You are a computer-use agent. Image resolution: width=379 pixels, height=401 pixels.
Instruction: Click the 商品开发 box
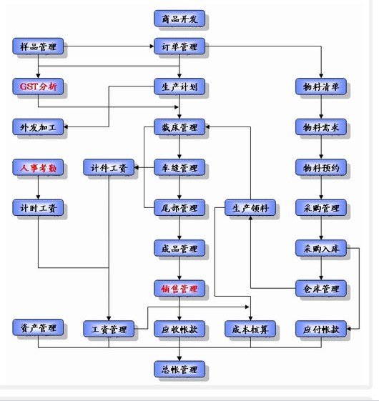pyautogui.click(x=179, y=19)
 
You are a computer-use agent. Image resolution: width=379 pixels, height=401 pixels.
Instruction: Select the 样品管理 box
pyautogui.click(x=38, y=46)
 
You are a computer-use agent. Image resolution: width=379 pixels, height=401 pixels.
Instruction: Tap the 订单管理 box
pyautogui.click(x=179, y=46)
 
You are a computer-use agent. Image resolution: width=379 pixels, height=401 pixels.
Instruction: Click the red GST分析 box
pyautogui.click(x=38, y=86)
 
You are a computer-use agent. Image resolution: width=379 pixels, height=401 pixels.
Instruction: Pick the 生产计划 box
pyautogui.click(x=179, y=86)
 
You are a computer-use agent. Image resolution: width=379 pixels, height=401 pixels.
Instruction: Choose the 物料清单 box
pyautogui.click(x=321, y=86)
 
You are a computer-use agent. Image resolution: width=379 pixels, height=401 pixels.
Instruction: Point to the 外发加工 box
pyautogui.click(x=38, y=127)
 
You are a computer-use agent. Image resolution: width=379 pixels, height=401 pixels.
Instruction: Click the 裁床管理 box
pyautogui.click(x=179, y=127)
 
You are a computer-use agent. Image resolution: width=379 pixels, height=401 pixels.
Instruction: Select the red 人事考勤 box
pyautogui.click(x=38, y=167)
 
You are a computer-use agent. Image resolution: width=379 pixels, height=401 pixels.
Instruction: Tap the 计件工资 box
pyautogui.click(x=109, y=167)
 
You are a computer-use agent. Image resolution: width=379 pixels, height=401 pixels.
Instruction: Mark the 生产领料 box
pyautogui.click(x=250, y=208)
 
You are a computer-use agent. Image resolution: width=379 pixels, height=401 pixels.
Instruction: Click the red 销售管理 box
pyautogui.click(x=179, y=289)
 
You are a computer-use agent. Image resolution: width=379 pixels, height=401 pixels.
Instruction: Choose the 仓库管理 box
pyautogui.click(x=321, y=289)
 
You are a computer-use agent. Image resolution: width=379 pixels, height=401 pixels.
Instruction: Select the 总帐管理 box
pyautogui.click(x=179, y=369)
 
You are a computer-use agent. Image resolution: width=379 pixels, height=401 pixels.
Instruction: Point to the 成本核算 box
pyautogui.click(x=250, y=329)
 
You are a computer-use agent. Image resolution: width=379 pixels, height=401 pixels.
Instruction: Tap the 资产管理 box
pyautogui.click(x=38, y=327)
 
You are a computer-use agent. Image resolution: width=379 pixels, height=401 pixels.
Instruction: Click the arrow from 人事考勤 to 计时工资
pyautogui.click(x=38, y=187)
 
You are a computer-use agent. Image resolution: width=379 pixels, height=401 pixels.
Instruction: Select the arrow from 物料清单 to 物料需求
pyautogui.click(x=321, y=107)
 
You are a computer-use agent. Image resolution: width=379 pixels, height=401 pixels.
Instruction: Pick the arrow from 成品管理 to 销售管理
pyautogui.click(x=179, y=268)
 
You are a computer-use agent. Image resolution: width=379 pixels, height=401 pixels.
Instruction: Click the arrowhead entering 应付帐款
pyautogui.click(x=348, y=329)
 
